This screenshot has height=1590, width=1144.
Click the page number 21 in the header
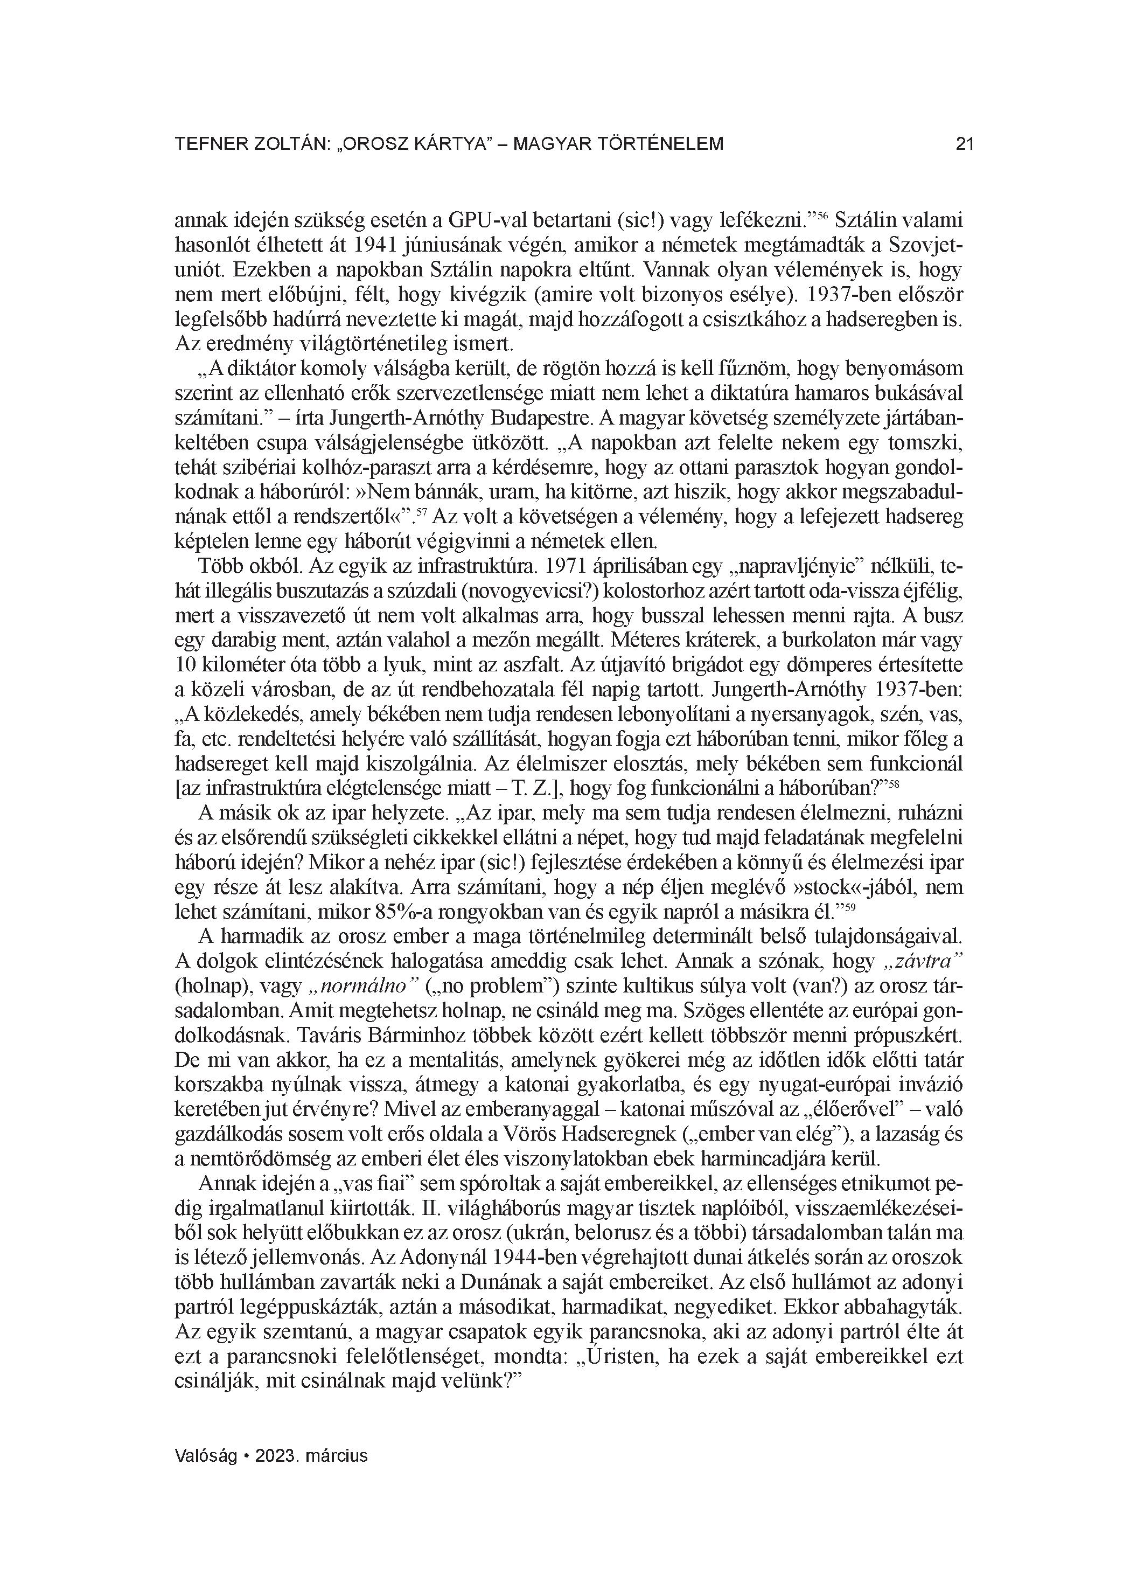point(965,144)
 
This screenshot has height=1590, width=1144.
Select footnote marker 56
point(824,217)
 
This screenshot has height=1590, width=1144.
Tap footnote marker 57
point(421,513)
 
